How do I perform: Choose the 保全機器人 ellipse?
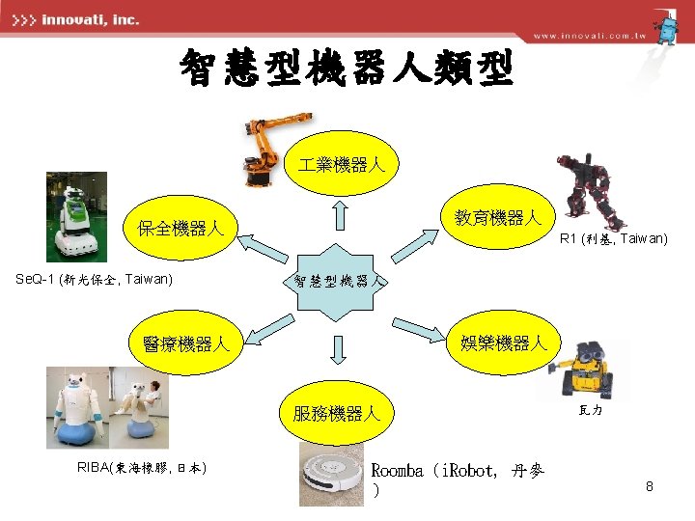click(x=181, y=229)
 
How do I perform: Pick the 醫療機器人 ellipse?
click(x=183, y=343)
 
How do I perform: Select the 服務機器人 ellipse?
click(x=338, y=415)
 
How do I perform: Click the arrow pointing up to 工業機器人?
click(x=340, y=216)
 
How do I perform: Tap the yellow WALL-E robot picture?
click(x=595, y=370)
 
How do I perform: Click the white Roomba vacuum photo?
click(x=331, y=476)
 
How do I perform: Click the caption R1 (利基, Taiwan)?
click(x=614, y=238)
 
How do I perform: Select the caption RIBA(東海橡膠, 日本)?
click(x=141, y=468)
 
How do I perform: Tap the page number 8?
click(x=650, y=487)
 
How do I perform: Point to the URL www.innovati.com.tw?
click(x=589, y=36)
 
